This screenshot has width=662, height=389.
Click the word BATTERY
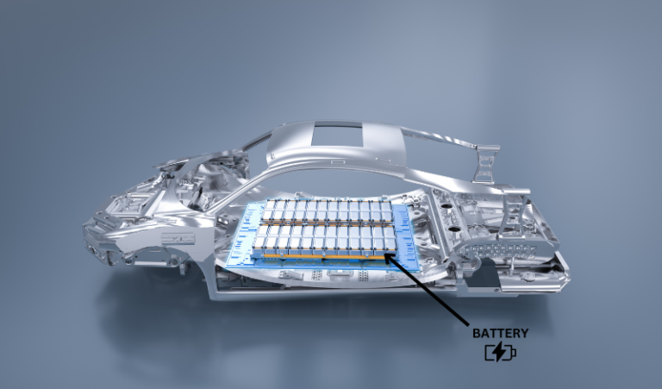pos(501,332)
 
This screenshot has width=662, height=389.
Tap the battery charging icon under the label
pos(500,351)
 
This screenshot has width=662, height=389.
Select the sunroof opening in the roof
pos(332,134)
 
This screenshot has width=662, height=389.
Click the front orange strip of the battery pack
pos(323,255)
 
